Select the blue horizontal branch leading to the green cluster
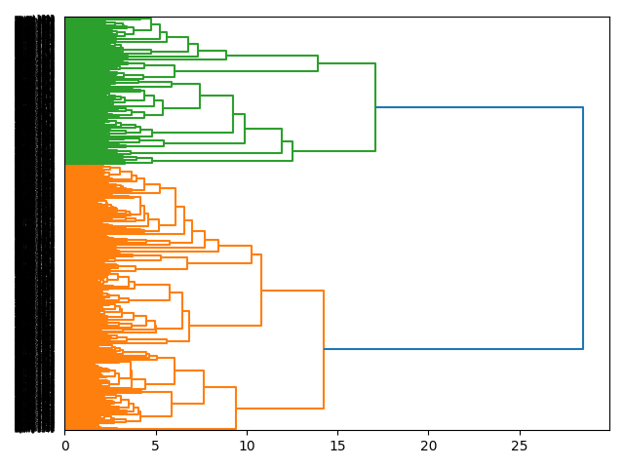point(479,107)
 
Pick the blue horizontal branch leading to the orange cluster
point(453,348)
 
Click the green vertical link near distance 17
point(375,107)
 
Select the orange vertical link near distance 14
point(324,349)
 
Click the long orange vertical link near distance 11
point(261,291)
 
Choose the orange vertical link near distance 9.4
point(236,408)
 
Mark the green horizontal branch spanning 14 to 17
point(346,63)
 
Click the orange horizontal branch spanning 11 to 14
point(292,291)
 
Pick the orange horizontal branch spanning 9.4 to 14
point(280,409)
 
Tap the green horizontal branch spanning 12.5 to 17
point(333,151)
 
